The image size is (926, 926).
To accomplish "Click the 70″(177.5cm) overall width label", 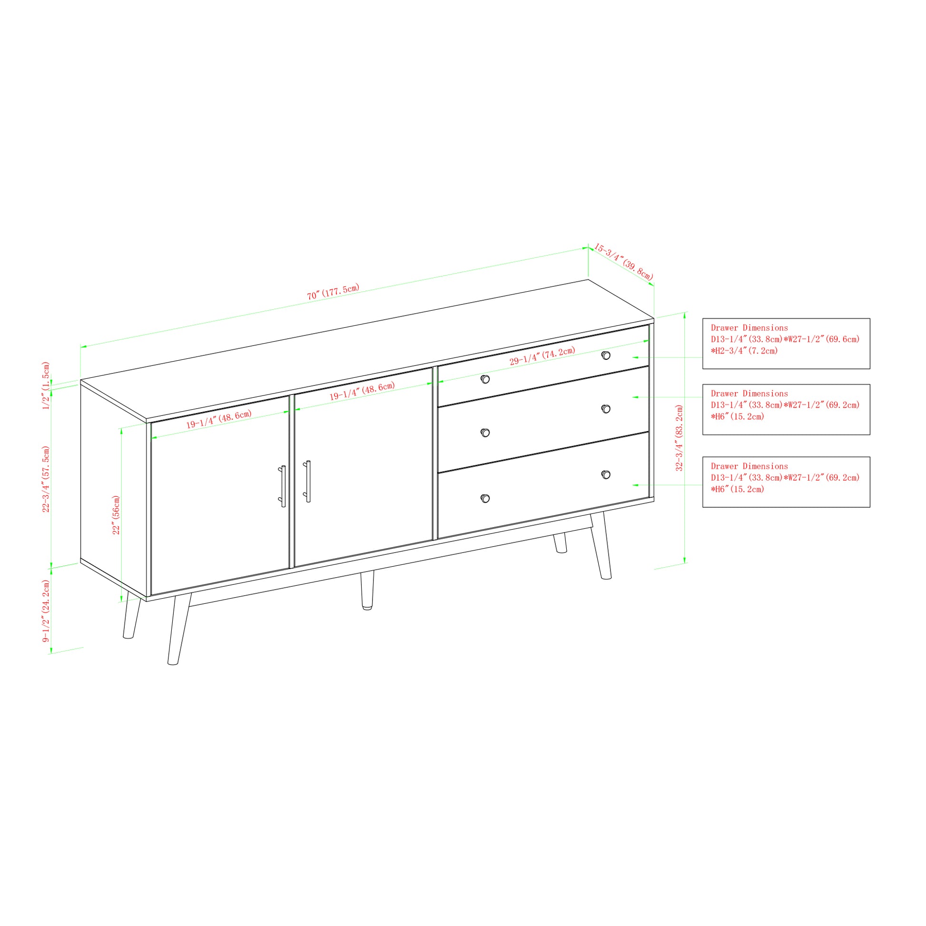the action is pos(333,291).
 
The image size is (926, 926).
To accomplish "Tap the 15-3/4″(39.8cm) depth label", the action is pos(623,262).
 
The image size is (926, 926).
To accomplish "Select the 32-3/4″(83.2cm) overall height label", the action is pos(679,438).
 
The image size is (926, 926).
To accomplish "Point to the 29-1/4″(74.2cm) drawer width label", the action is pos(542,356).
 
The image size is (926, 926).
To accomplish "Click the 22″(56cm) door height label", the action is pos(116,515).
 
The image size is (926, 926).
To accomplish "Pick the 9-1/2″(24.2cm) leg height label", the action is pos(46,611).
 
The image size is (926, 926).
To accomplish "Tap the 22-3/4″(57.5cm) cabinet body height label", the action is pos(46,479).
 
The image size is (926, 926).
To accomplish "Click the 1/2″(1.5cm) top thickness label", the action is pos(46,386).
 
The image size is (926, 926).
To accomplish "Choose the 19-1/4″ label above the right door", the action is pos(362,391).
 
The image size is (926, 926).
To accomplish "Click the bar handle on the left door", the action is pos(282,486).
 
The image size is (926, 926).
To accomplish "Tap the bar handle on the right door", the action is pos(307,481).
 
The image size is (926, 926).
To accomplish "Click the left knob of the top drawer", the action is pos(485,379).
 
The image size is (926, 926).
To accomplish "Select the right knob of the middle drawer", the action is pos(606,409).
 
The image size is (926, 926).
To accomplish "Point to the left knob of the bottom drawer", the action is pos(485,499).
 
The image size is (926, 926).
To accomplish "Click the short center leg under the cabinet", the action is pos(367,590).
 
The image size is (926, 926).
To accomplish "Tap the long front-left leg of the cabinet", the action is pos(179,629).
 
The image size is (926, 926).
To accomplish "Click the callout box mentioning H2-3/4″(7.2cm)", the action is pos(786,344).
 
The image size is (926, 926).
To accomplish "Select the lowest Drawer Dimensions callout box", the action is pos(786,482).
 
